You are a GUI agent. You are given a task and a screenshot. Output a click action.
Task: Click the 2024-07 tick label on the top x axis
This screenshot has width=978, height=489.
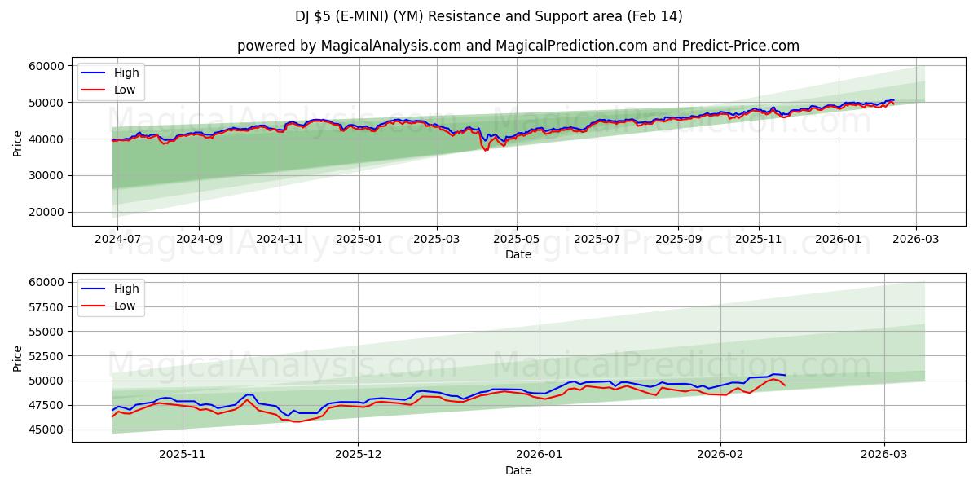pos(117,239)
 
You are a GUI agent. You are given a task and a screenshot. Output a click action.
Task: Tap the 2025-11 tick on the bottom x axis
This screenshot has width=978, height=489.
pos(182,455)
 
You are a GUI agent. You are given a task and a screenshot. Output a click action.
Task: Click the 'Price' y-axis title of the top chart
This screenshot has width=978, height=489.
pos(18,143)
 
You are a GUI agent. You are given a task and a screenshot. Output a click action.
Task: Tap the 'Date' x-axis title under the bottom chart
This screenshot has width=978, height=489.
pos(518,470)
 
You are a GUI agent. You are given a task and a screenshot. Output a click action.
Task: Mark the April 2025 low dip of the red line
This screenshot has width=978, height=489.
pos(487,151)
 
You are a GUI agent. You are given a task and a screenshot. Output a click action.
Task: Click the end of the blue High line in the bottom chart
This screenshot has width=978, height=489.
pos(785,375)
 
